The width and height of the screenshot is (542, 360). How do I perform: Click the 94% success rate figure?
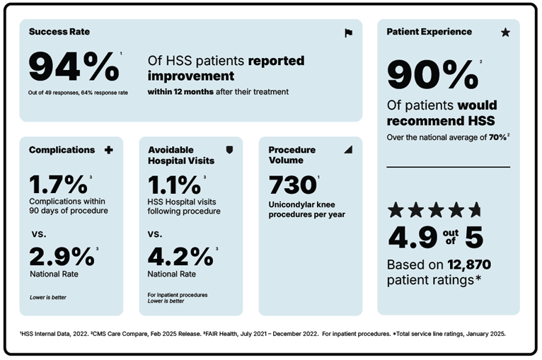pyautogui.click(x=74, y=67)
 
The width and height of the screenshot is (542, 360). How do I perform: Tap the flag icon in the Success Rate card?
pyautogui.click(x=348, y=33)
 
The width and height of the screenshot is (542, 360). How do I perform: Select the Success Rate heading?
pyautogui.click(x=59, y=32)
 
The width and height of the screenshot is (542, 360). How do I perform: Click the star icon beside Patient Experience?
pyautogui.click(x=505, y=33)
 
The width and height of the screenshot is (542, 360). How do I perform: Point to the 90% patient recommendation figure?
pyautogui.click(x=432, y=75)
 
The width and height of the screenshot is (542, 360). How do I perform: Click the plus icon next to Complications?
pyautogui.click(x=108, y=150)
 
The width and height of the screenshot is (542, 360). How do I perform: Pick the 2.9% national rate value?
pyautogui.click(x=61, y=256)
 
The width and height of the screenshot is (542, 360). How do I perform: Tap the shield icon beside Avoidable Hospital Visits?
pyautogui.click(x=229, y=150)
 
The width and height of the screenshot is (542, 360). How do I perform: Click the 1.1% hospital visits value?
pyautogui.click(x=174, y=185)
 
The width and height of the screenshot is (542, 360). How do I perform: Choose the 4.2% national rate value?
pyautogui.click(x=179, y=256)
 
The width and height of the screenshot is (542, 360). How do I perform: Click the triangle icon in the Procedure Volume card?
pyautogui.click(x=347, y=150)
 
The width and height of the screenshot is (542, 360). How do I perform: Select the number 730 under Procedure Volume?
pyautogui.click(x=292, y=185)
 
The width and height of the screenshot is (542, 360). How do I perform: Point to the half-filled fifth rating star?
pyautogui.click(x=475, y=209)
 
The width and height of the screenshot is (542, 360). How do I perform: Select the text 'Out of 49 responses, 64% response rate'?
pyautogui.click(x=79, y=93)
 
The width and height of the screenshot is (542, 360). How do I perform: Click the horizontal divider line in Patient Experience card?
pyautogui.click(x=448, y=168)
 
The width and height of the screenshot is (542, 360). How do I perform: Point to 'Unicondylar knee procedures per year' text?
pyautogui.click(x=306, y=209)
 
